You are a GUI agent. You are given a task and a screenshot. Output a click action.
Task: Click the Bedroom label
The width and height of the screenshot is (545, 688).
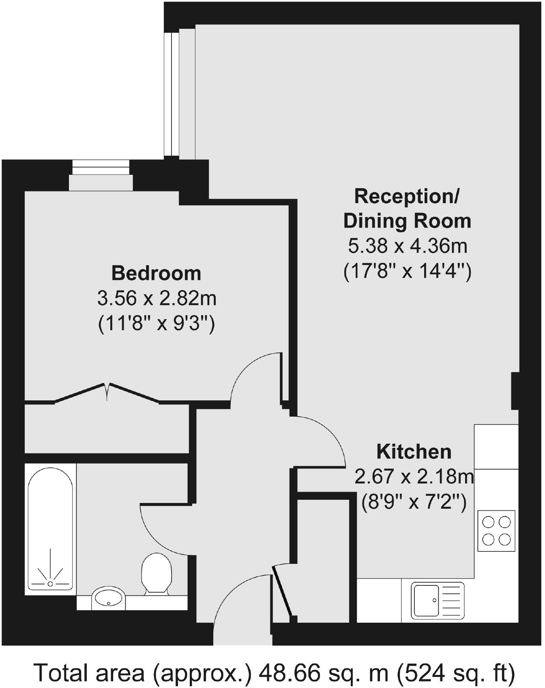coord(156,273)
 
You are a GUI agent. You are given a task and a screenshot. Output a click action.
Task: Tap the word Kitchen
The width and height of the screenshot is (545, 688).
coord(414,452)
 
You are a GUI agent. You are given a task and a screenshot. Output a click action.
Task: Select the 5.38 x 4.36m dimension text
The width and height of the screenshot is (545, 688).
coord(408,246)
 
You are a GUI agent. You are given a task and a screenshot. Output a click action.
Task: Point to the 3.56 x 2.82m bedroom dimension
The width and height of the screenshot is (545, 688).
coord(157,299)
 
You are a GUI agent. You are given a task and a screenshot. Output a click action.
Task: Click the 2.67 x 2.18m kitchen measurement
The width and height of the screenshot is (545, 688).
coord(414,477)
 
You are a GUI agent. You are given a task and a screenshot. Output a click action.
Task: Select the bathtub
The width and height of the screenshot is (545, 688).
coord(50,529)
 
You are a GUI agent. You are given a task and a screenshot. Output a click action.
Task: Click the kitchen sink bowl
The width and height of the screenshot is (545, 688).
coord(425,600)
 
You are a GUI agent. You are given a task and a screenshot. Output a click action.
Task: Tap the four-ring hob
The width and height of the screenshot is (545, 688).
coord(496,531)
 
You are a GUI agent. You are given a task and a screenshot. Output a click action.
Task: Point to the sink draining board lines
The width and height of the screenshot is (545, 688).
coord(451,600)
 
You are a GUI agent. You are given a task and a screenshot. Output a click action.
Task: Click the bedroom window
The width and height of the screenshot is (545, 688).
coord(101,175)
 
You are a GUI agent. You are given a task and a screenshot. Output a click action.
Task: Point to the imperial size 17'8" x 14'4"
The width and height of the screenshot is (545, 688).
coord(408,271)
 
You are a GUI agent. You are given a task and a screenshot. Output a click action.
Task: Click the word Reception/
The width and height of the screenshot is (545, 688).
coord(407,196)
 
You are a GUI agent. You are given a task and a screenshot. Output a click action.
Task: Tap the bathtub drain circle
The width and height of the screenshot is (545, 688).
coord(50,584)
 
